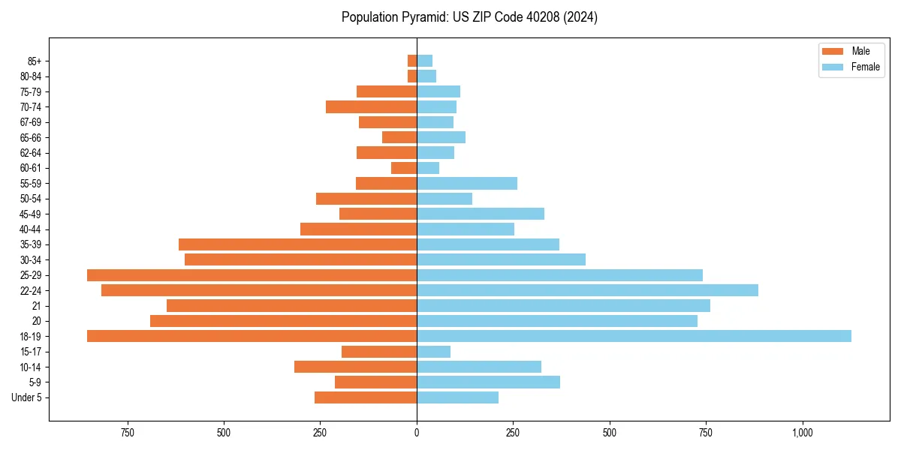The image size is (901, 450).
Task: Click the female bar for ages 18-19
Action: pos(634,336)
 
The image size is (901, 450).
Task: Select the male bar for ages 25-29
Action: pos(252,275)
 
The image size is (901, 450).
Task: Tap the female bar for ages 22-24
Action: pos(587,290)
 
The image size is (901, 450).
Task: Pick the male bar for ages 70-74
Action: pos(372,107)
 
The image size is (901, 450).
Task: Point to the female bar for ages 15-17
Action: pos(434,352)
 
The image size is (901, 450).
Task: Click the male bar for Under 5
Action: pos(366,397)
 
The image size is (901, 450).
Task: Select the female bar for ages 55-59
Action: pos(467,184)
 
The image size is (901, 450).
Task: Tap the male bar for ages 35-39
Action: pos(298,244)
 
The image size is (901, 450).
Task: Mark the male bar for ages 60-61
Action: pos(404,168)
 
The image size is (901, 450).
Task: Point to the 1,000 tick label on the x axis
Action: pos(802,433)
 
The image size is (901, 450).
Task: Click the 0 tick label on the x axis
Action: pos(417,433)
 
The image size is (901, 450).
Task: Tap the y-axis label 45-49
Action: pos(29,214)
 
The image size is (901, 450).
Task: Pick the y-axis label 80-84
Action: pos(29,76)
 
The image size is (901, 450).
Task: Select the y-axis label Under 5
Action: pos(27,397)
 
